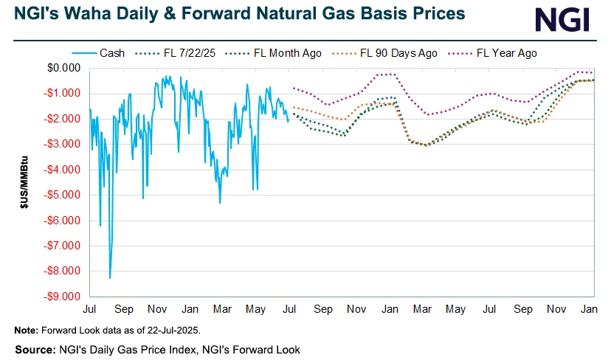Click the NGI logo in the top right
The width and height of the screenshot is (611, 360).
pyautogui.click(x=563, y=19)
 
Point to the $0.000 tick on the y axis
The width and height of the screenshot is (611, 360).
pyautogui.click(x=63, y=68)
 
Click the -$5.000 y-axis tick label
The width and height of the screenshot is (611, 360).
pyautogui.click(x=62, y=195)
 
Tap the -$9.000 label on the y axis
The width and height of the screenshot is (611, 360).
pyautogui.click(x=62, y=297)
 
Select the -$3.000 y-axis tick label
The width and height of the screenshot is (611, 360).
pyautogui.click(x=62, y=144)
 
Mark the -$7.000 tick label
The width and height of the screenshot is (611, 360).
pyautogui.click(x=62, y=246)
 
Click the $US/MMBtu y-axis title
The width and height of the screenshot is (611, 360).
pyautogui.click(x=24, y=181)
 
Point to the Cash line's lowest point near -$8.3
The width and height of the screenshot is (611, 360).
pyautogui.click(x=110, y=278)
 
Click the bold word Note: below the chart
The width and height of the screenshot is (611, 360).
pyautogui.click(x=26, y=329)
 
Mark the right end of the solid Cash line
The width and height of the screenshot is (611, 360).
pyautogui.click(x=288, y=120)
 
